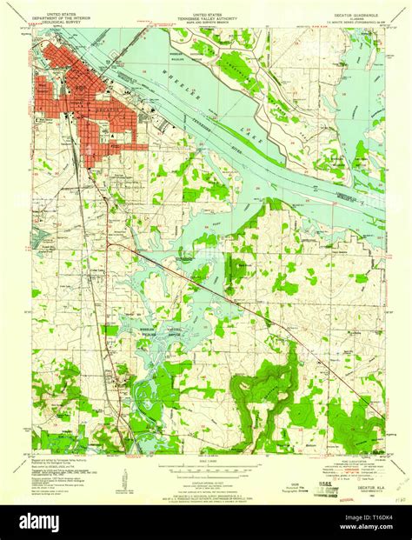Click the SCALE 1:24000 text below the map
207,457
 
